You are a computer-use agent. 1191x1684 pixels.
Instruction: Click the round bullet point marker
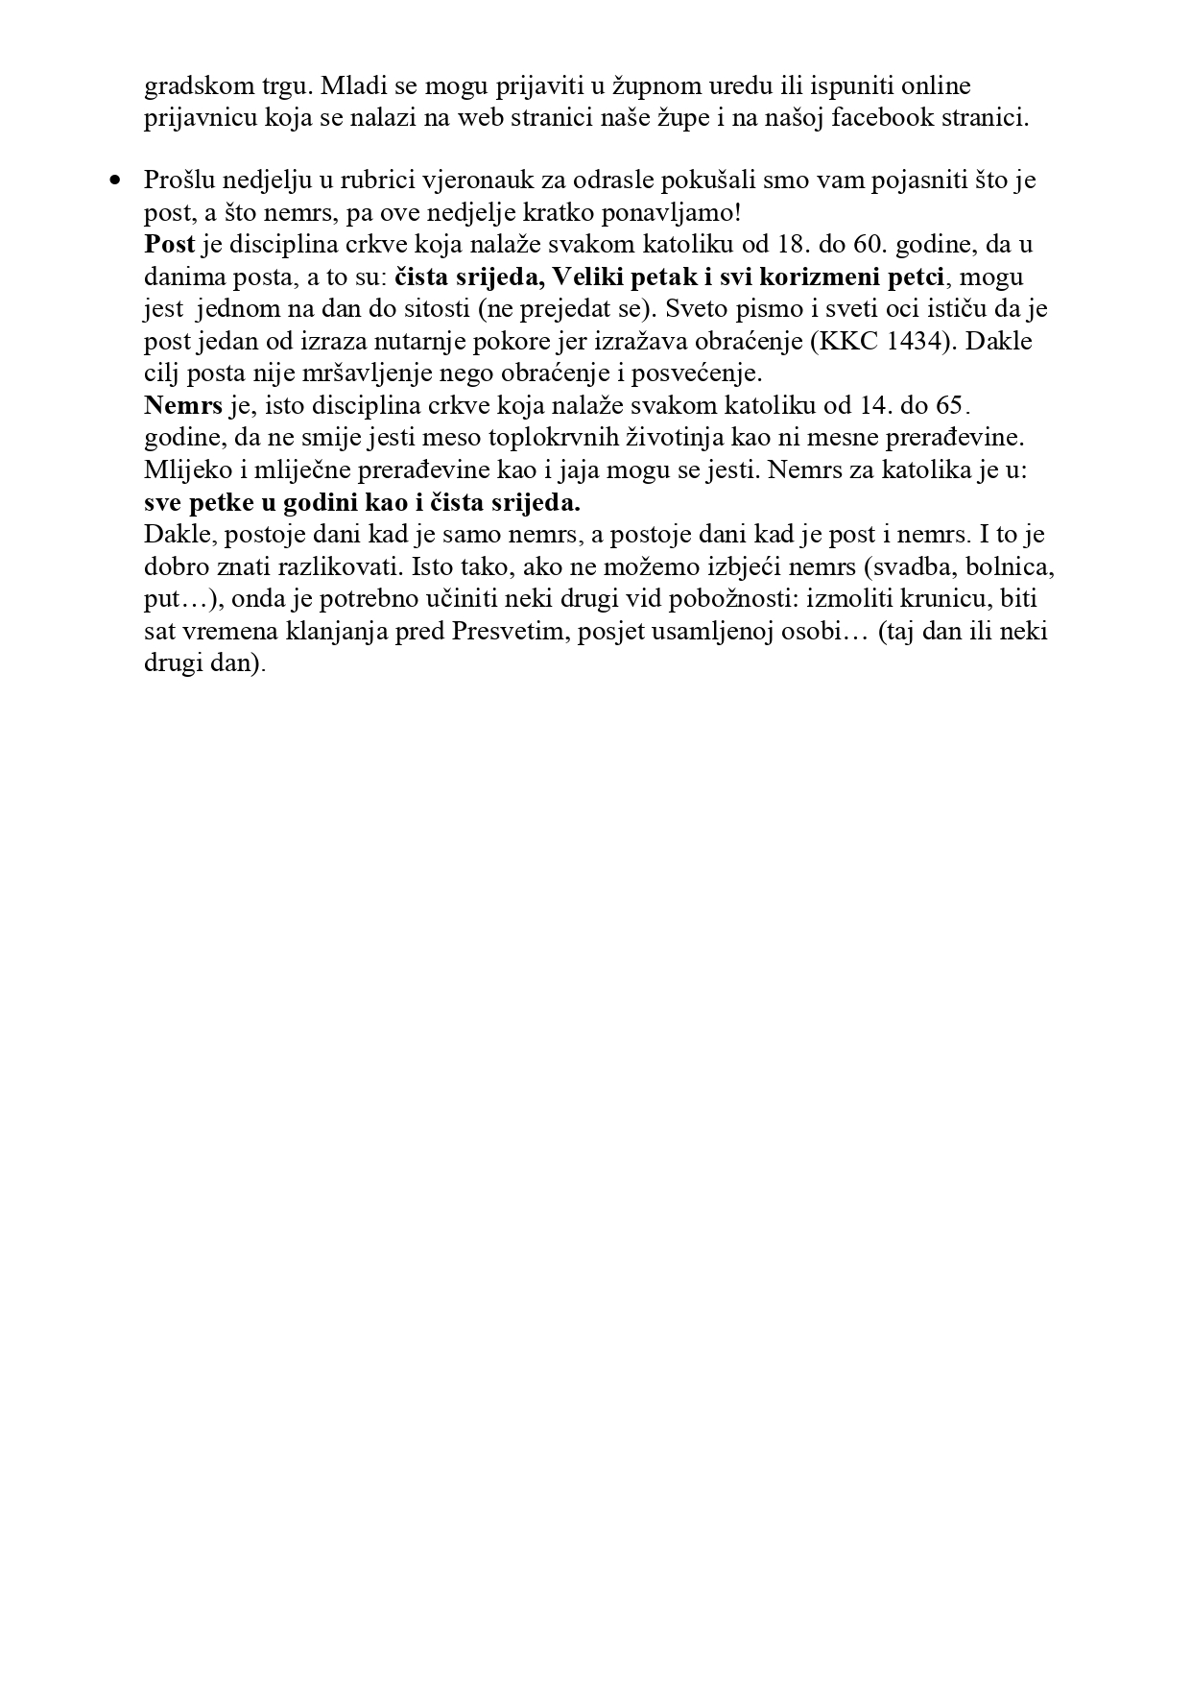pos(117,180)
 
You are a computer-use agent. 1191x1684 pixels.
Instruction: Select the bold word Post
pos(169,244)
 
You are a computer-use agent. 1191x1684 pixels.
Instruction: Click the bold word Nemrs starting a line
pos(183,405)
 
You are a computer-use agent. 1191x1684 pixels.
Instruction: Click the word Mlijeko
pos(187,470)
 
